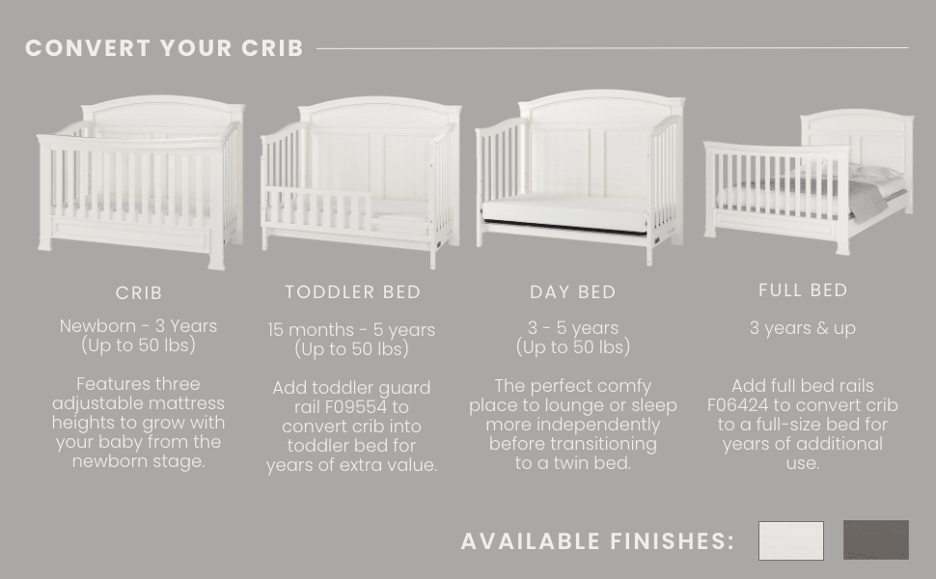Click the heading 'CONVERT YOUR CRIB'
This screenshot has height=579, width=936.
pos(164,48)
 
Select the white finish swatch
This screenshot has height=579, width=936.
pos(790,540)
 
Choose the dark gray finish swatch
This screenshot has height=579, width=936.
pos(875,540)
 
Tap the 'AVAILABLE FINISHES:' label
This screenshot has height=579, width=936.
pos(597,541)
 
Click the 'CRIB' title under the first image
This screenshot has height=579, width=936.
pos(139,292)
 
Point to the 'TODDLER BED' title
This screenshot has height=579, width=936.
pos(352,291)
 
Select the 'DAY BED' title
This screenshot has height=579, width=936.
pos(572,292)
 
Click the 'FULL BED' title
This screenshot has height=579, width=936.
pos(803,289)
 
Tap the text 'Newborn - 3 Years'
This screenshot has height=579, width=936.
pos(139,326)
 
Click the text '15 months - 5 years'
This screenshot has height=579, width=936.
pos(351,330)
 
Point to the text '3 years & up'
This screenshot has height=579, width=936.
pos(803,328)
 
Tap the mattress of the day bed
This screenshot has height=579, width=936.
pos(564,212)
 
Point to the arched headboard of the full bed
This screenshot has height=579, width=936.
pos(857,125)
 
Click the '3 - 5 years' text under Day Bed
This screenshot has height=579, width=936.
pos(572,328)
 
